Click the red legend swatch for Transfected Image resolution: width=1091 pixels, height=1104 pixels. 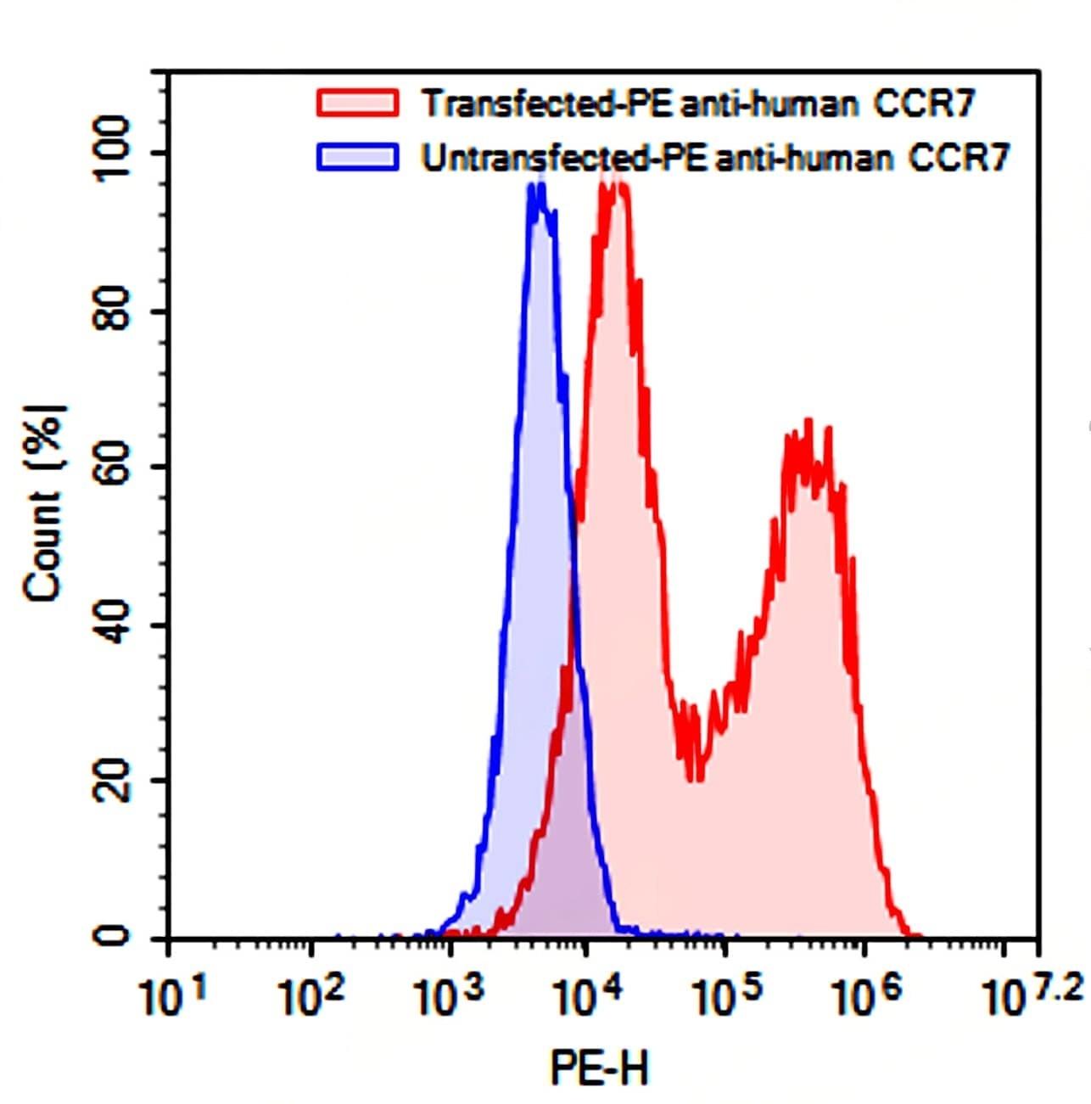356,103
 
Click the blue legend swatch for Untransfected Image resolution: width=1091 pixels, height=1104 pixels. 356,157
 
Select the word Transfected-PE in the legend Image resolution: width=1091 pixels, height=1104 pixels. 548,104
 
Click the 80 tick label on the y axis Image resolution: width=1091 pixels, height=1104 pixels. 112,311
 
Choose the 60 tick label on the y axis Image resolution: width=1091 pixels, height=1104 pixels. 112,468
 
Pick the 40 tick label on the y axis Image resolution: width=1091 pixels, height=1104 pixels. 112,625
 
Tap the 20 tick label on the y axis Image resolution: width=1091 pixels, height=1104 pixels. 112,782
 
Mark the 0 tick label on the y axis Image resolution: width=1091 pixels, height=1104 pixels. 112,937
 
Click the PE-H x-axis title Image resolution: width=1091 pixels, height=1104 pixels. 599,1067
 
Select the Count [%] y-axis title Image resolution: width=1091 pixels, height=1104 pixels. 44,503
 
